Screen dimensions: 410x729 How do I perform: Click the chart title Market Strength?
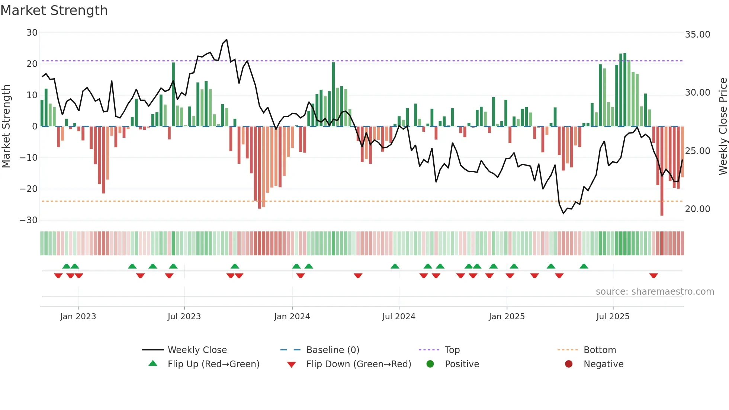pyautogui.click(x=54, y=10)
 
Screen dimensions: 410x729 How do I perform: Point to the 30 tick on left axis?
pyautogui.click(x=32, y=33)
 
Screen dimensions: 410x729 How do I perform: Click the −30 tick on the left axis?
pyautogui.click(x=29, y=220)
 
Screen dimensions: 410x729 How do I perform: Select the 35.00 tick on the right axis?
pyautogui.click(x=697, y=35)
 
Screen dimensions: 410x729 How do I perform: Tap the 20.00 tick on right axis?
pyautogui.click(x=697, y=209)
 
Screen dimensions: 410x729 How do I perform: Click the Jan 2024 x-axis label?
pyautogui.click(x=292, y=317)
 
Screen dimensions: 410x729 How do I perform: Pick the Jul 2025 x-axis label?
pyautogui.click(x=613, y=317)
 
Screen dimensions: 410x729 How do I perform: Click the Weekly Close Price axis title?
pyautogui.click(x=723, y=126)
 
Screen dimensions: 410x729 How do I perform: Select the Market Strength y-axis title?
pyautogui.click(x=6, y=126)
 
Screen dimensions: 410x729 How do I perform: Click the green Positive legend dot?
pyautogui.click(x=430, y=364)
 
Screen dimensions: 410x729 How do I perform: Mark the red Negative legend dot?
pyautogui.click(x=569, y=364)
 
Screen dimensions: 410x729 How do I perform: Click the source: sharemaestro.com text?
pyautogui.click(x=655, y=292)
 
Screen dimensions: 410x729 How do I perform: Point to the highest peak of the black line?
pyautogui.click(x=227, y=40)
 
